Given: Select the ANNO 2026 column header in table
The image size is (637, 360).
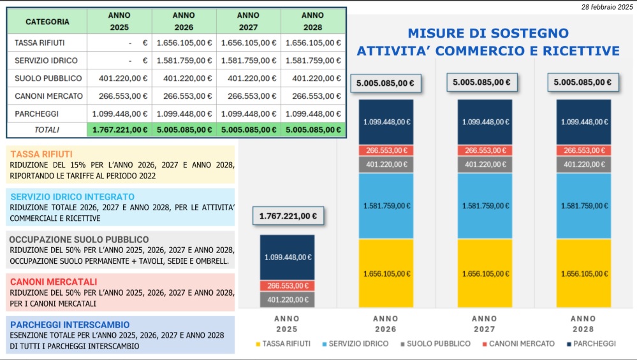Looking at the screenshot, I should pos(184,21).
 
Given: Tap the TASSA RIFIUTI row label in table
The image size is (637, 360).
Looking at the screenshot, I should pos(40,43).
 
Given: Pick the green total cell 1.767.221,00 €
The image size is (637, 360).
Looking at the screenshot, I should pos(120,129).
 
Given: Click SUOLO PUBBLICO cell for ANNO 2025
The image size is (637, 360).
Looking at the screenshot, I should pos(120,78).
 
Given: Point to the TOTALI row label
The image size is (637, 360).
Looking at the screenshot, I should pos(47,129).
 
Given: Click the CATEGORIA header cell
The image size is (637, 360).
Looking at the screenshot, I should pos(47,21).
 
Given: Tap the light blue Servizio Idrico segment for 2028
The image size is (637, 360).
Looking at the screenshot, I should pos(583,206).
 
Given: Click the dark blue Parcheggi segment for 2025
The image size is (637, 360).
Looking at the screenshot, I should pos(287,257).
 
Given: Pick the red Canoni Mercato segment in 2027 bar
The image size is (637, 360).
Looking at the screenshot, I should pos(485,150).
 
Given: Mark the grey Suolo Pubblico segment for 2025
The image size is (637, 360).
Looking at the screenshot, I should pos(287,299).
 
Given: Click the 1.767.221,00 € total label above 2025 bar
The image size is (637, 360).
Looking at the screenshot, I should pos(288,216).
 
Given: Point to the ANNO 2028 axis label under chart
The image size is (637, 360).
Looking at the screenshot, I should pos(583,324).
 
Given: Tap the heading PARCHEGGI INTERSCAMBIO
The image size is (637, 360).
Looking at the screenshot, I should pos(70,324).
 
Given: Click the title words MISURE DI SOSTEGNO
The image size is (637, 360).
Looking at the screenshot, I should pos(488,33).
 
